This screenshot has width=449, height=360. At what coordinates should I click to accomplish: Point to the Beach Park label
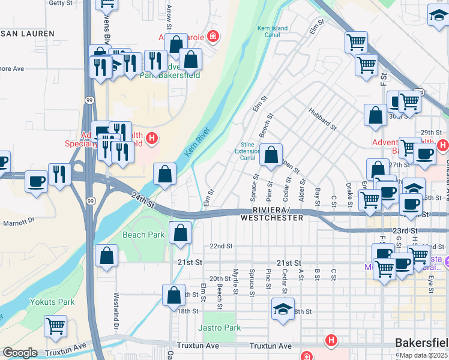pyautogui.click(x=143, y=235)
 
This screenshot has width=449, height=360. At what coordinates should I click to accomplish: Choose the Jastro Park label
pyautogui.click(x=220, y=328)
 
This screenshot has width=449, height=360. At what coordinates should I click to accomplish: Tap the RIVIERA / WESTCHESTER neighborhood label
pyautogui.click(x=272, y=214)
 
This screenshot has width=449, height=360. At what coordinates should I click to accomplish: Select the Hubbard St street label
pyautogui.click(x=322, y=118)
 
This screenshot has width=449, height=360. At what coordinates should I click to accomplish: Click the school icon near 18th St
pyautogui.click(x=283, y=310)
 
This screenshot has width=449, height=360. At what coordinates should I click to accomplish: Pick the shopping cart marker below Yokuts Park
pyautogui.click(x=55, y=326)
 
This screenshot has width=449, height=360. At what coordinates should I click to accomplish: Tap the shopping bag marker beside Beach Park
pyautogui.click(x=180, y=233)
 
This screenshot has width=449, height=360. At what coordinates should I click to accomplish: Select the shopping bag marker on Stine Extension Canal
pyautogui.click(x=271, y=155)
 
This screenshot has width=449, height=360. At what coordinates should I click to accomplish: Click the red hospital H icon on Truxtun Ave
pyautogui.click(x=330, y=341)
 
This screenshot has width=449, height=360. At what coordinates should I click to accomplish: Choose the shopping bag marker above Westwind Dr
pyautogui.click(x=106, y=256)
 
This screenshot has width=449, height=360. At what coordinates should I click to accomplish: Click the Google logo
pyautogui.click(x=20, y=353)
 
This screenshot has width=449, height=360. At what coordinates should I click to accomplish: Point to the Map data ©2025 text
pyautogui.click(x=423, y=355)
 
